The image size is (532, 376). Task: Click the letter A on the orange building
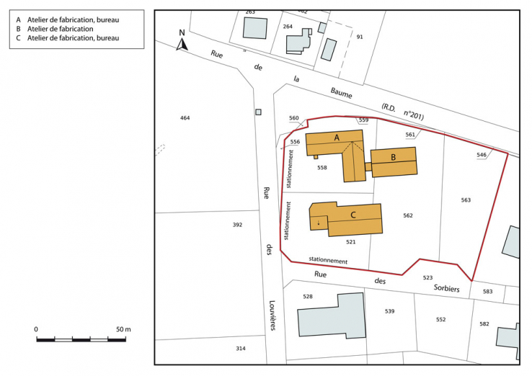336,137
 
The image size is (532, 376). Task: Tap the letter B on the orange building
393,157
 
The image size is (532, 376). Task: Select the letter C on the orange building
353,215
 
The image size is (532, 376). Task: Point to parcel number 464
185,117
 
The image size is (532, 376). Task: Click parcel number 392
237,225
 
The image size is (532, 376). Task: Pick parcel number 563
466,200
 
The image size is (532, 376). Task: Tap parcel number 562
408,215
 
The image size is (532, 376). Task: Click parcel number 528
308,296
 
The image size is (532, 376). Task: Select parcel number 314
241,348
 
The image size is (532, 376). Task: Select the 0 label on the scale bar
37,328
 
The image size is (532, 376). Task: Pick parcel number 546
482,155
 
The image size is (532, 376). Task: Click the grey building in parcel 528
332,315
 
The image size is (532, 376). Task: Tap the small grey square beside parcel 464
258,112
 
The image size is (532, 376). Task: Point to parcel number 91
359,36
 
